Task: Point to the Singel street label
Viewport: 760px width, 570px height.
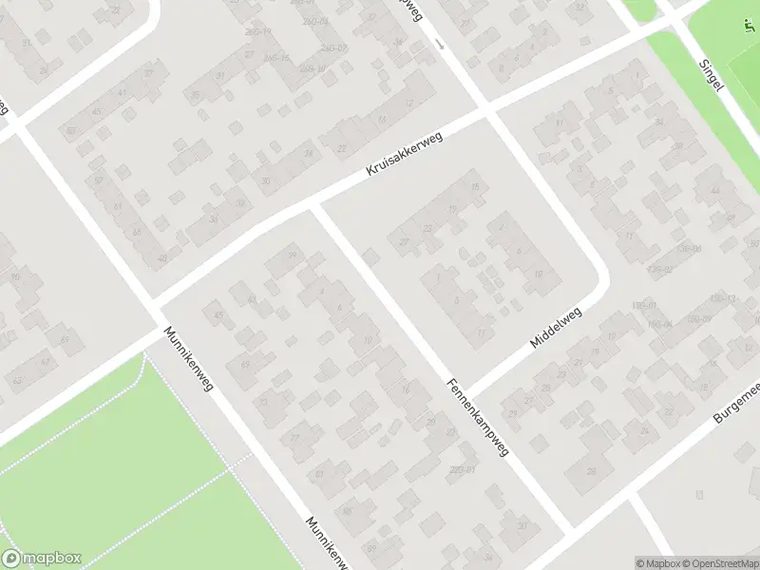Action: (x=711, y=71)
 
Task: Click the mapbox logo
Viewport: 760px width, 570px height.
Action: (x=42, y=559)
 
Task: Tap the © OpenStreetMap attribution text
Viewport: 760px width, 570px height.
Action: (x=719, y=563)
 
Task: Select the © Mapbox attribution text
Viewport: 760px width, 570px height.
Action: (x=657, y=563)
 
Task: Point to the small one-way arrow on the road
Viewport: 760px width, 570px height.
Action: (x=438, y=44)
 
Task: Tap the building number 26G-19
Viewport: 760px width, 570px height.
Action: (x=258, y=31)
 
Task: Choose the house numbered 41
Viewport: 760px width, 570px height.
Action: (x=123, y=92)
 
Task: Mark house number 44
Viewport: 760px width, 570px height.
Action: (x=714, y=191)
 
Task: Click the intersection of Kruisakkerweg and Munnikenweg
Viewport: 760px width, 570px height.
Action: (x=157, y=310)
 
